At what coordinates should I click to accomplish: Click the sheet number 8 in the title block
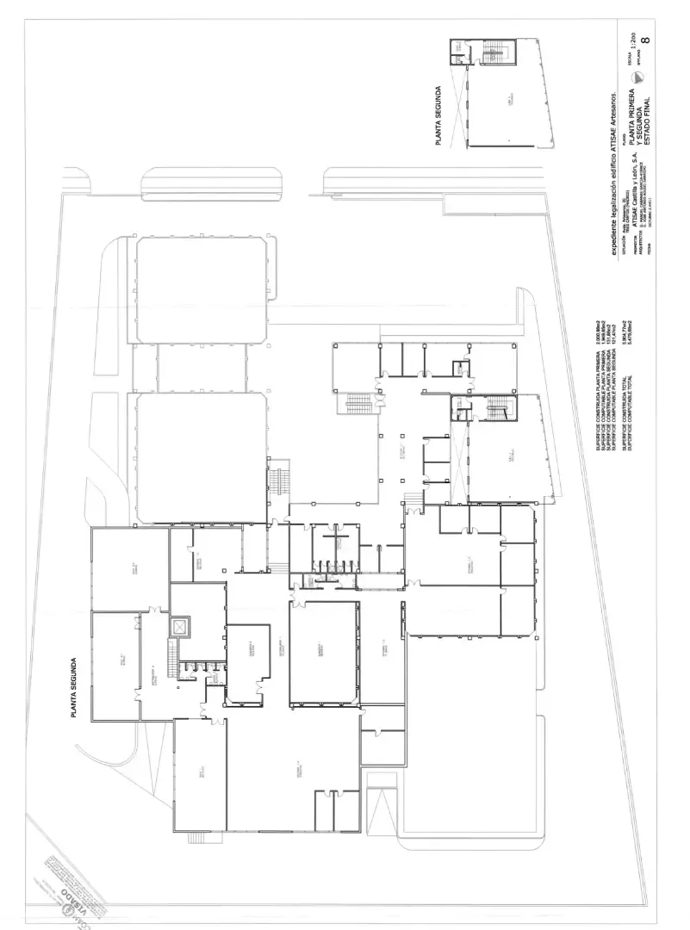645,38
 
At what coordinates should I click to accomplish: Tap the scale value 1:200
634,40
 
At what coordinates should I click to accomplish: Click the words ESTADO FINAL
658,111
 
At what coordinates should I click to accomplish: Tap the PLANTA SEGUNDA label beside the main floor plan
75,688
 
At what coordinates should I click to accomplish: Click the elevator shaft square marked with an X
178,628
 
